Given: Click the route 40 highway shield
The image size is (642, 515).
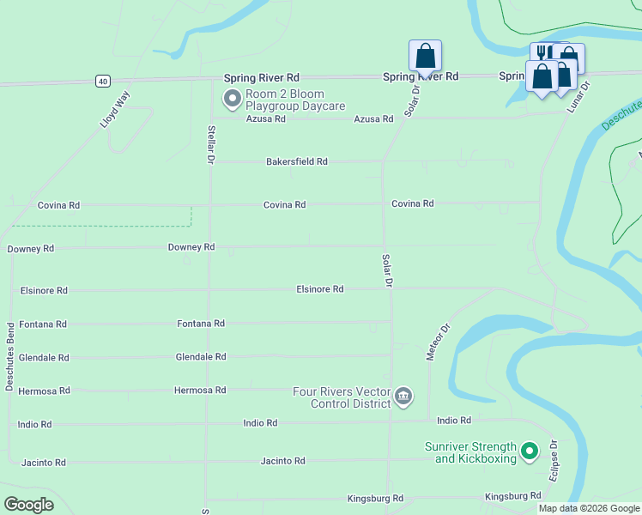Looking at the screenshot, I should [x=103, y=81].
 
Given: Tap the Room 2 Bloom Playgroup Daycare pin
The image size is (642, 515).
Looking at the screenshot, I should [x=232, y=100].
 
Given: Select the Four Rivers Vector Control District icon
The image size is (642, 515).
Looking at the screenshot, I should [x=403, y=397].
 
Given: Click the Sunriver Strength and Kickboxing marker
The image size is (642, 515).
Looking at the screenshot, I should [x=530, y=451].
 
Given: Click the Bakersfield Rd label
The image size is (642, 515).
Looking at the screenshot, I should [x=297, y=161].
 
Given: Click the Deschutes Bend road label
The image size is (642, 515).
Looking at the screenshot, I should [x=10, y=357].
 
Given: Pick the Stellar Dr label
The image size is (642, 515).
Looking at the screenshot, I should [x=210, y=144].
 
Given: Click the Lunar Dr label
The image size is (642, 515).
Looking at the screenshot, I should [x=581, y=97].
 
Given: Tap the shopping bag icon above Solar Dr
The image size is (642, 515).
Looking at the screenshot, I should [x=425, y=56].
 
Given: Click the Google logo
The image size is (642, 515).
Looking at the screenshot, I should [x=28, y=505].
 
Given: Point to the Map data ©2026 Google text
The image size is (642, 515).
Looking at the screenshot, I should [x=589, y=508].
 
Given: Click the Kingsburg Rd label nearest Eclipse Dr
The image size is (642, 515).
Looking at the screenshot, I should [x=513, y=496].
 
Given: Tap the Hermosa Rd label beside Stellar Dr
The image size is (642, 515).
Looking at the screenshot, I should [x=200, y=390].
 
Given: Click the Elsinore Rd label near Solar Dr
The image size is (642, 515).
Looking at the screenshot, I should [x=320, y=289].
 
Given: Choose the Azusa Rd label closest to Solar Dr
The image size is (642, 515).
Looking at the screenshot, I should [x=373, y=119].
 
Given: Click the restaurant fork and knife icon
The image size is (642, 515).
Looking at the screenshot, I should [x=541, y=53].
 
